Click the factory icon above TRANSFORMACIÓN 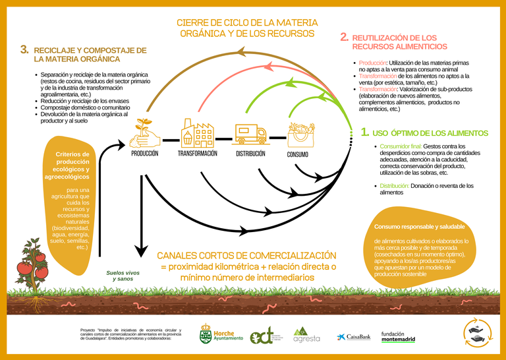197,133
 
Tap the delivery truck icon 251,133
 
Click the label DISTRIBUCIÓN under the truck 250,154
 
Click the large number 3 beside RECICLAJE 24,49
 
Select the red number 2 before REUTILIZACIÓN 344,38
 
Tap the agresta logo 306,334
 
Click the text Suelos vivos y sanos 123,276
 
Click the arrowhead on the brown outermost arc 242,51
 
